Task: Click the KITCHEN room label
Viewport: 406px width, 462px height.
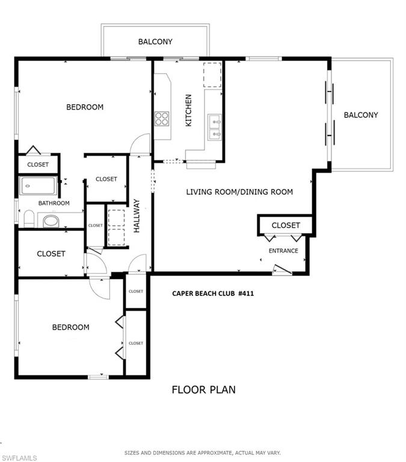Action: coord(188,111)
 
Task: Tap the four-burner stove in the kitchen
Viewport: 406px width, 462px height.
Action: coord(162,119)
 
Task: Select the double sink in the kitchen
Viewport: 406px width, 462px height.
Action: coord(215,128)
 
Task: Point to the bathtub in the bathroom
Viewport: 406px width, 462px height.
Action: coord(38,186)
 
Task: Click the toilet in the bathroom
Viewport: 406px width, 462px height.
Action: coord(29,218)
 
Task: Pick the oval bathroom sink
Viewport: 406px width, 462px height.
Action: coord(51,221)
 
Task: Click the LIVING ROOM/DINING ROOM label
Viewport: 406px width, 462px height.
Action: coord(239,192)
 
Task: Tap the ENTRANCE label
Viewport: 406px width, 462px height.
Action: coord(283,251)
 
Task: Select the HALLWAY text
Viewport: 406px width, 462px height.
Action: coord(137,216)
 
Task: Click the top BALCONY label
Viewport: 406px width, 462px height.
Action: coord(155,42)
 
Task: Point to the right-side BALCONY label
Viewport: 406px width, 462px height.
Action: coord(361,115)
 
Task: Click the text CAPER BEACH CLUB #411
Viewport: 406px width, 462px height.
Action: coord(213,294)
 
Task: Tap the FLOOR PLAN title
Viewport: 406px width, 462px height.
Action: coord(203,390)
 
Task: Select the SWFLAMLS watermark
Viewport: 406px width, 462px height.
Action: coord(19,458)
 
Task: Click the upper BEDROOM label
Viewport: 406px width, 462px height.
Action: coord(85,107)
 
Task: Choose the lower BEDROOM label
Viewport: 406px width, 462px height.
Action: coord(71,327)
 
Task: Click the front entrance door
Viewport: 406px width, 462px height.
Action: coord(283,271)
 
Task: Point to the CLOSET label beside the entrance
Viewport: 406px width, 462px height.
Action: coord(286,226)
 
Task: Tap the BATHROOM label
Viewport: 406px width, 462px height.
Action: coord(54,203)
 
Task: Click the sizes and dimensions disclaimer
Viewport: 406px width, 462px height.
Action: coord(203,453)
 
